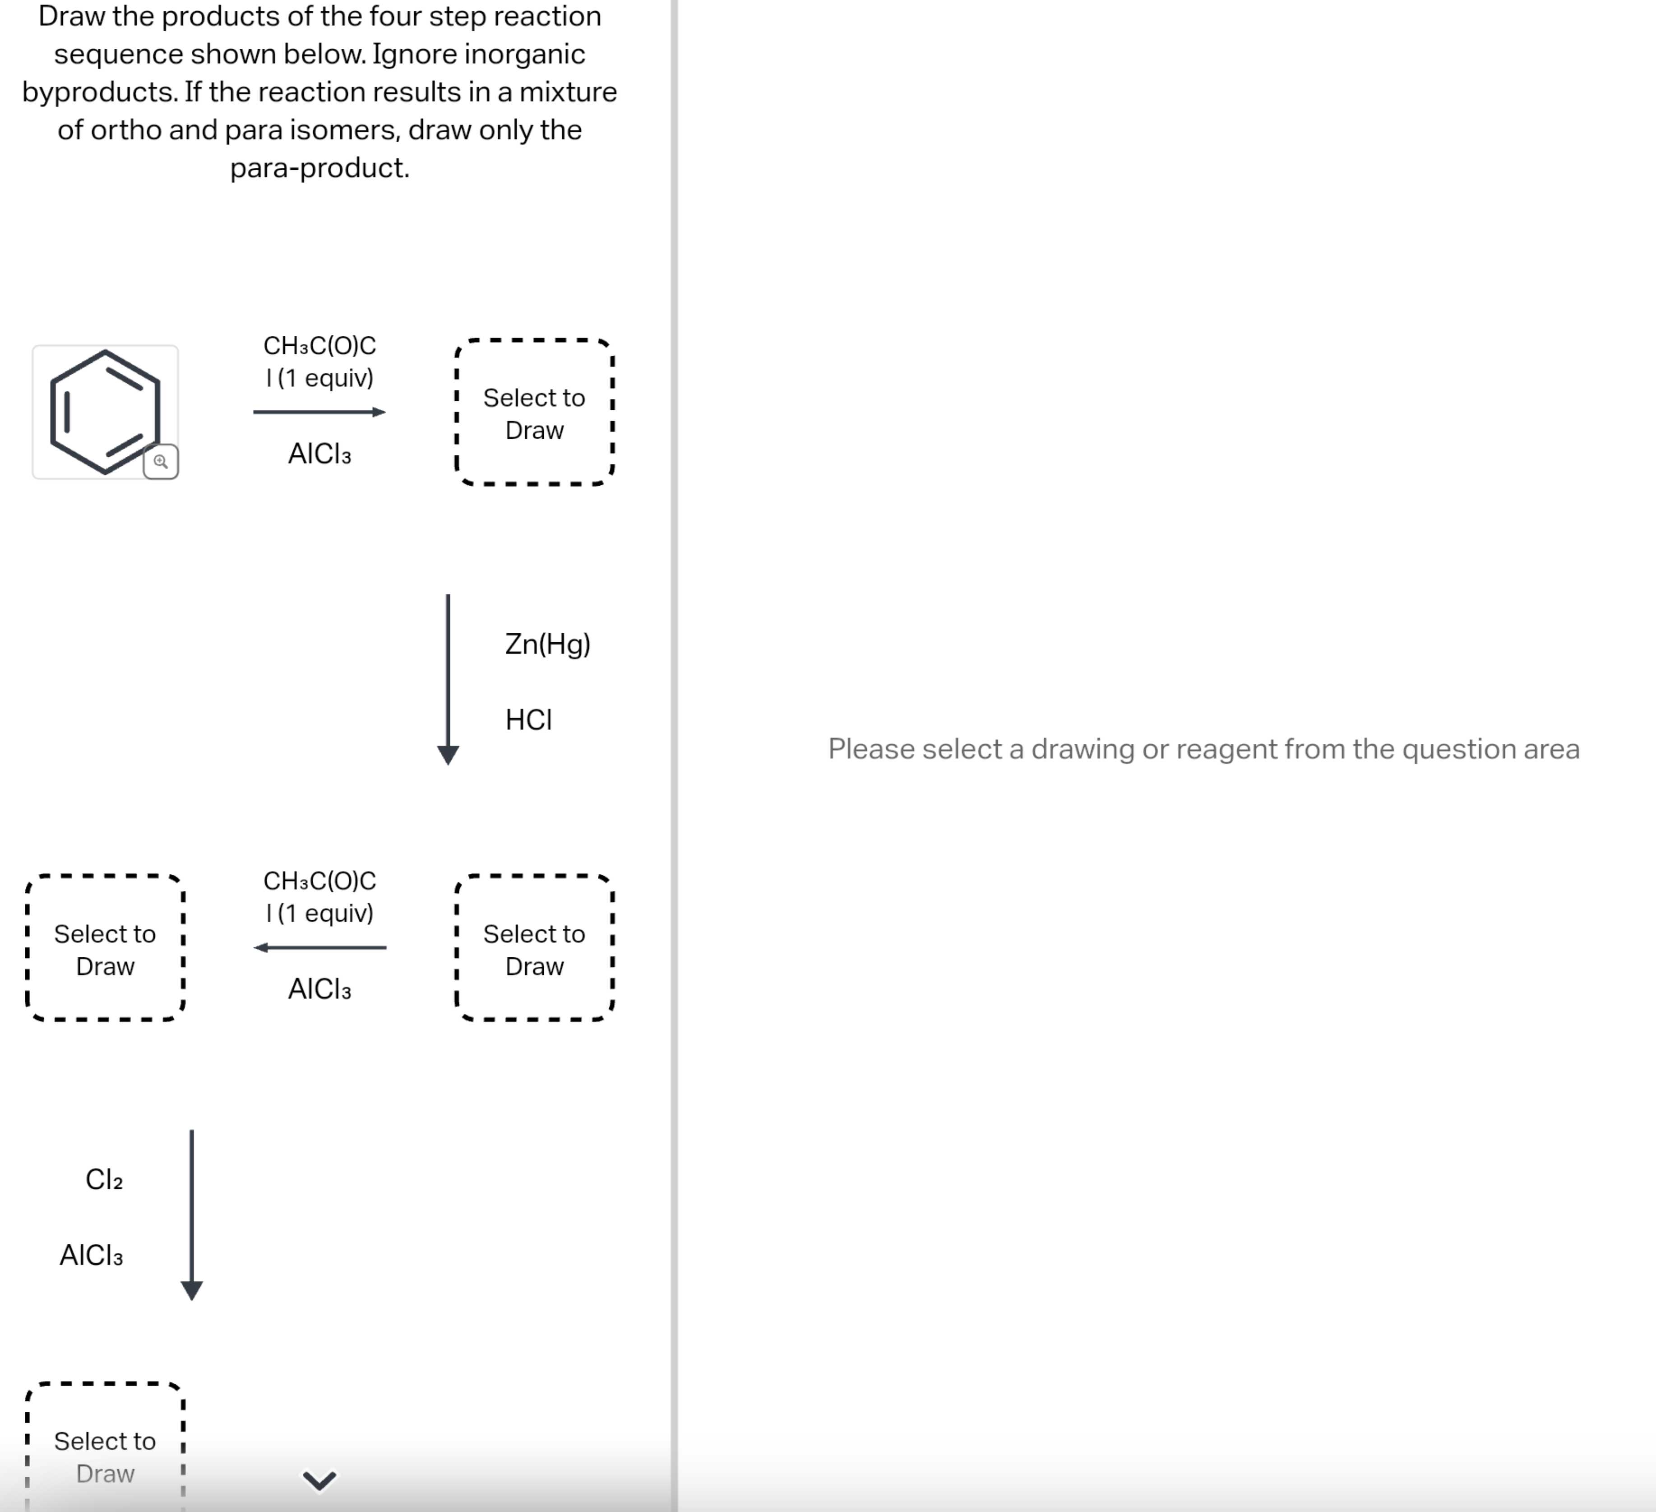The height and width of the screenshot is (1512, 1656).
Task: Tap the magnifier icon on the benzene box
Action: coord(161,462)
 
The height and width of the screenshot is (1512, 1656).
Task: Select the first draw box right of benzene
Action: coord(534,413)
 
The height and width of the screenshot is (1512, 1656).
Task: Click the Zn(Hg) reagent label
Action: coord(547,644)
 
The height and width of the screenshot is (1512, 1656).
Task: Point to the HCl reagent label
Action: coord(528,720)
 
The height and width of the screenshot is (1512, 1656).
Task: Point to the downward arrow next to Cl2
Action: coord(191,1215)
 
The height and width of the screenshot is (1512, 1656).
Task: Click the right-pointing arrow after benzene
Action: coord(319,412)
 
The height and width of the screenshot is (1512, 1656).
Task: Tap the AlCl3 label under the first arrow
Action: coord(319,454)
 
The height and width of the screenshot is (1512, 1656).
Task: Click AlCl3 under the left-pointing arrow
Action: coord(319,988)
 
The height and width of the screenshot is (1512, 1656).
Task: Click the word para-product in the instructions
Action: coord(319,167)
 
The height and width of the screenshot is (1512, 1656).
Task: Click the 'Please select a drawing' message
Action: coord(1203,749)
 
